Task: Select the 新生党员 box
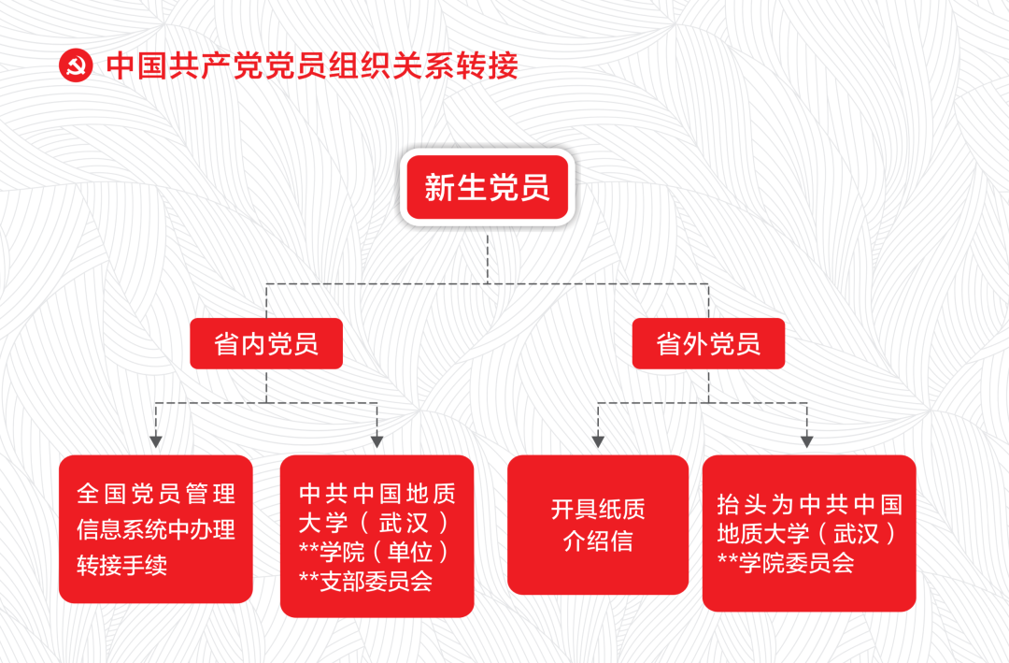[x=487, y=188]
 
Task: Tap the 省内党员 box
[x=266, y=344]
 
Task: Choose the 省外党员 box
[x=708, y=344]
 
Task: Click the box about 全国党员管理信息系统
[x=156, y=528]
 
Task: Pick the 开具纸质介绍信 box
[x=598, y=525]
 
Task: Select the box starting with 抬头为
[x=809, y=533]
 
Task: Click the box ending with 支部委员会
[x=377, y=536]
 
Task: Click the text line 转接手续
[x=122, y=566]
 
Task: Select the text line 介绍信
[x=598, y=541]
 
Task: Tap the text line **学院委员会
[x=786, y=563]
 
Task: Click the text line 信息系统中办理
[x=156, y=529]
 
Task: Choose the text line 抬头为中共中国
[x=809, y=505]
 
